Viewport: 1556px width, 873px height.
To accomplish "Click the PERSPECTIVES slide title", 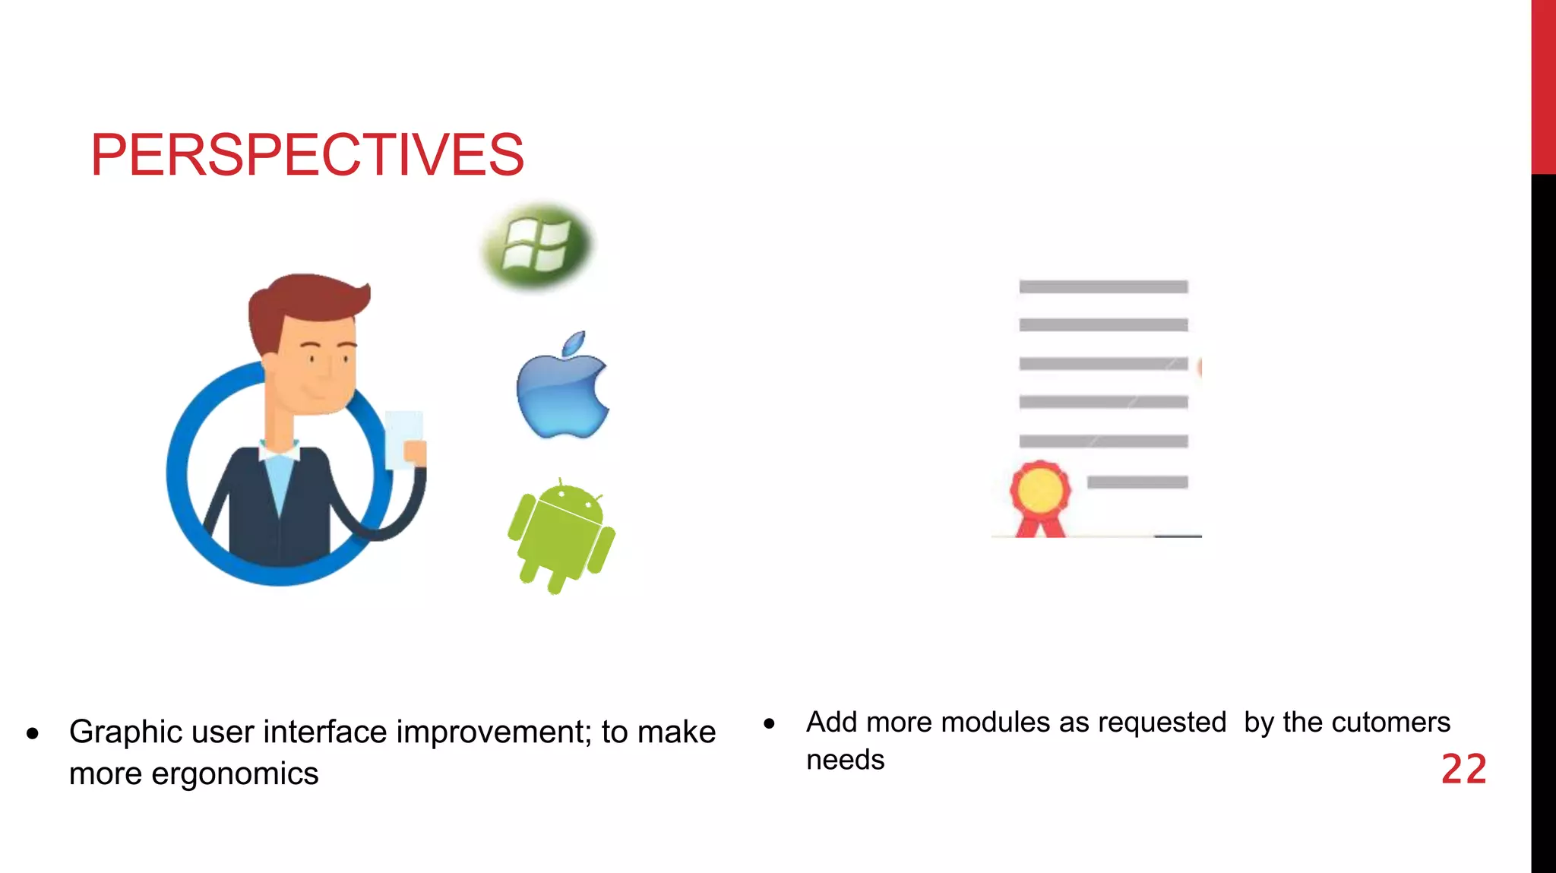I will click(307, 155).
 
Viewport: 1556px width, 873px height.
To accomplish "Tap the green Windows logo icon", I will click(538, 245).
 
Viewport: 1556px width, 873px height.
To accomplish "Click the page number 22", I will click(1463, 770).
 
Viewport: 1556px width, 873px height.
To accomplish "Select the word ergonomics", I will click(235, 774).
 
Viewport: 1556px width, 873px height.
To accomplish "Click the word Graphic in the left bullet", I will click(125, 732).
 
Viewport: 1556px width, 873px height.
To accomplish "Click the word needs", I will click(845, 760).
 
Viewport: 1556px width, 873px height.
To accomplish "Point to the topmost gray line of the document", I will click(1103, 286).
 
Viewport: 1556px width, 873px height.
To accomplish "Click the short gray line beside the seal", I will click(1137, 482).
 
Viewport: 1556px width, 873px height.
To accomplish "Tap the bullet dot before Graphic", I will click(33, 734).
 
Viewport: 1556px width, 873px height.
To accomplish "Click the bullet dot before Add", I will click(769, 723).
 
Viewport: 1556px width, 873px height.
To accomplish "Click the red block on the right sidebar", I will click(1543, 87).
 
